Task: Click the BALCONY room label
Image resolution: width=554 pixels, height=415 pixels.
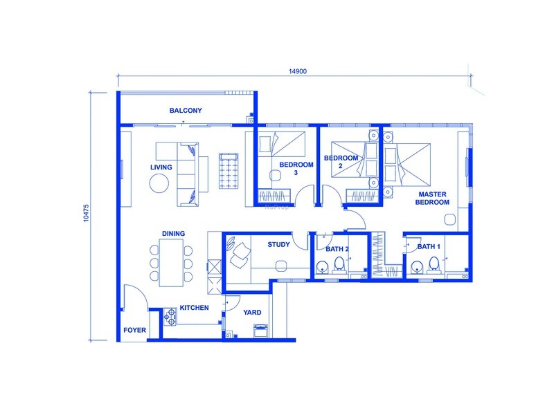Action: (186, 110)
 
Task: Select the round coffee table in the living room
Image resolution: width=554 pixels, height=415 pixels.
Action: (160, 183)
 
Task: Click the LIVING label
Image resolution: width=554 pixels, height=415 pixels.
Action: (161, 167)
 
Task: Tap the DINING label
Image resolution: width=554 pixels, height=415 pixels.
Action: (173, 234)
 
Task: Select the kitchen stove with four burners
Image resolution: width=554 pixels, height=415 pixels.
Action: (170, 317)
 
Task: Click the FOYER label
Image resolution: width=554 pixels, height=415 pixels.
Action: (134, 331)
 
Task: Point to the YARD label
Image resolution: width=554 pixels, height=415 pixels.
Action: (252, 313)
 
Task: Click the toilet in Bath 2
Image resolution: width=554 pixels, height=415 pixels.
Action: (339, 264)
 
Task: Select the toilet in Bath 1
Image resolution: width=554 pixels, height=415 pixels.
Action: (434, 264)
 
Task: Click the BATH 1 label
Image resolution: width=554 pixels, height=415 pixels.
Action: (429, 246)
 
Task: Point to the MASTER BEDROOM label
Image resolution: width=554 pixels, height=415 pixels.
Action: (433, 199)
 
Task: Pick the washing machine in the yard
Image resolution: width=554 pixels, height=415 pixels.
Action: (261, 331)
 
